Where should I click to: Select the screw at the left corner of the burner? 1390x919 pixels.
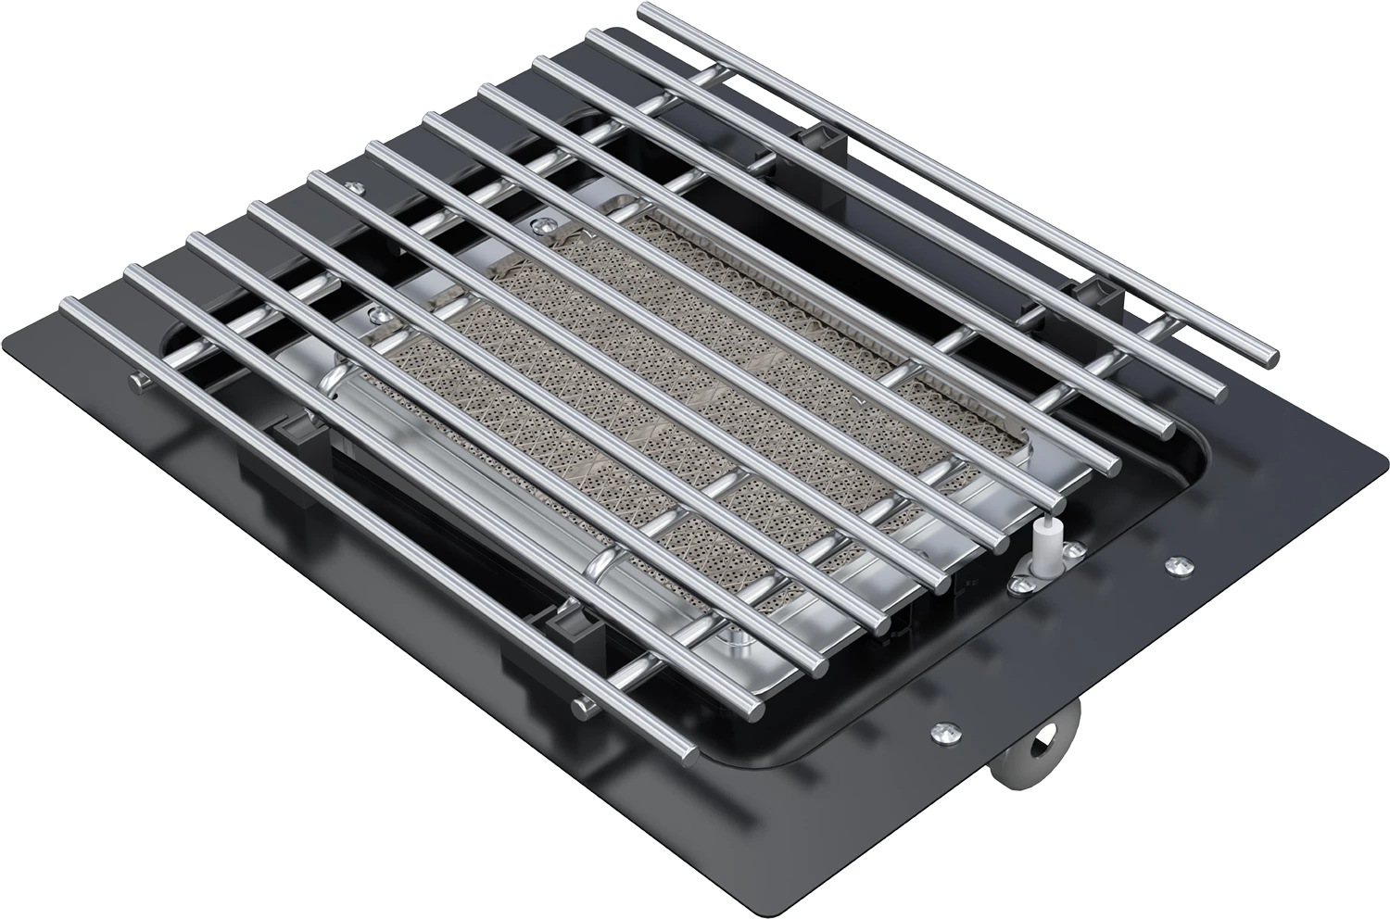pyautogui.click(x=375, y=314)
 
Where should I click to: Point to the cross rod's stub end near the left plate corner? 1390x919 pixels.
pyautogui.click(x=139, y=382)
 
